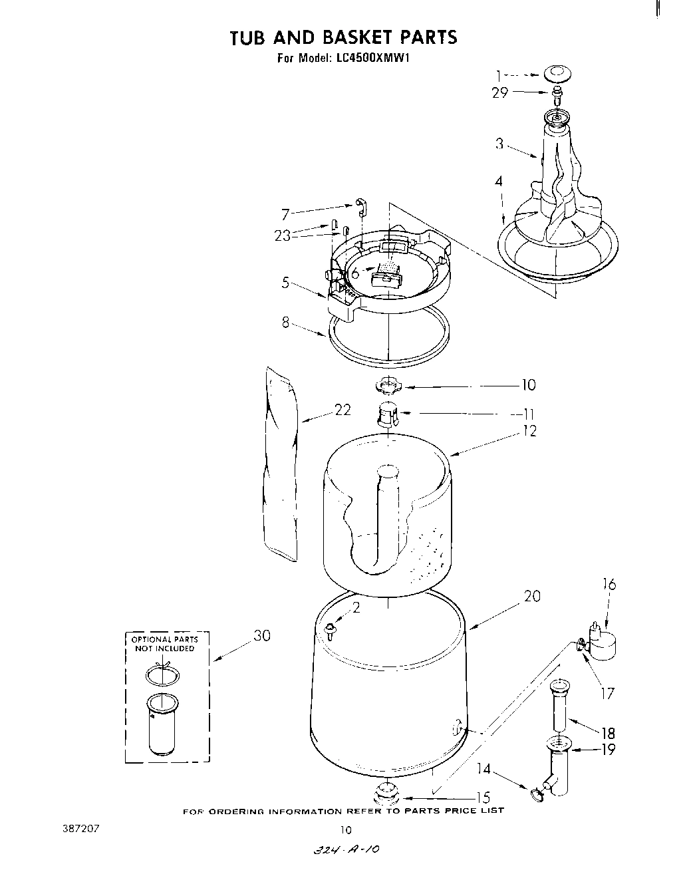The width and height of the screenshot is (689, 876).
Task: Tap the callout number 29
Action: coord(499,93)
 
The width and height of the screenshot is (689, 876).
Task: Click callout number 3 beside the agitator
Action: coord(499,143)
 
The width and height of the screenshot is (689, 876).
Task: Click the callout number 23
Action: coord(283,235)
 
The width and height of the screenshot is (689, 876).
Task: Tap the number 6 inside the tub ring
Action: coord(355,273)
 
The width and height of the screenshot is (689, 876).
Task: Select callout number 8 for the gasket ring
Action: coord(285,324)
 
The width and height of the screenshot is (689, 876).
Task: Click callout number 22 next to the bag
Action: coord(342,410)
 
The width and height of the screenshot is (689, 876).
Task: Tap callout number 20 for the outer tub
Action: coord(532,596)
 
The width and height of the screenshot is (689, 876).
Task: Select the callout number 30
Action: coord(262,635)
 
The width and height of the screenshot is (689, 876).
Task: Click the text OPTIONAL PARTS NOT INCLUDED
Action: coord(163,644)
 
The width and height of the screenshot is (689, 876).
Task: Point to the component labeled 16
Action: coord(604,643)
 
